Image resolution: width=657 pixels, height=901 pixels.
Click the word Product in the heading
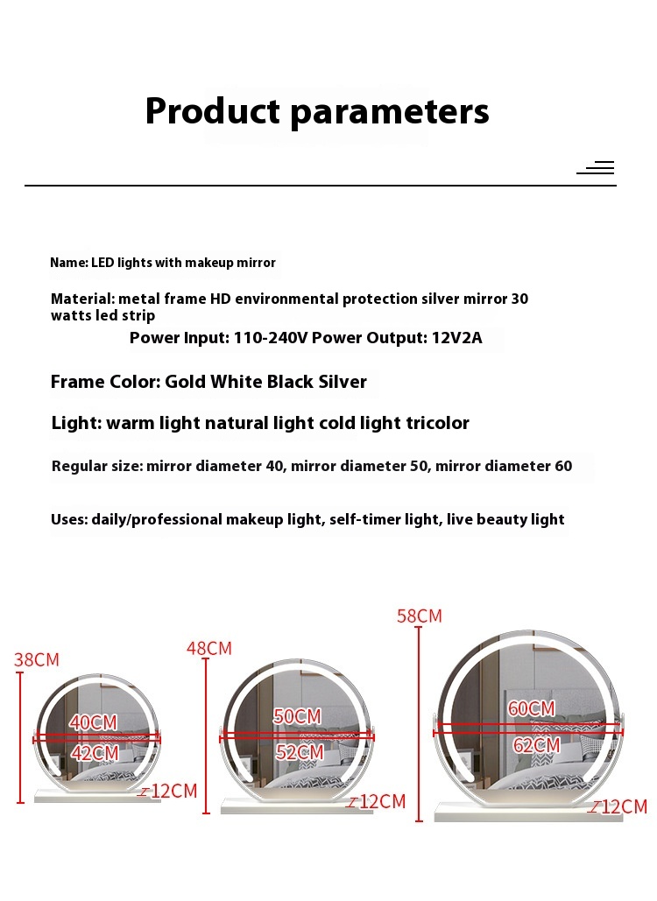click(x=213, y=111)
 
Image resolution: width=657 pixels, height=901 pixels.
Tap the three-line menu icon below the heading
click(x=597, y=167)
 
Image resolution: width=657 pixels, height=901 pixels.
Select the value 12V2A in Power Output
click(x=457, y=338)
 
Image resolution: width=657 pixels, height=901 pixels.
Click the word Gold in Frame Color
click(x=187, y=382)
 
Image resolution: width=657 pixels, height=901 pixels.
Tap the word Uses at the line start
click(x=68, y=519)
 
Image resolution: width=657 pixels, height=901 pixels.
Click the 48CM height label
click(x=209, y=649)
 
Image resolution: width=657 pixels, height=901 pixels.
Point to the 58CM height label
click(x=420, y=616)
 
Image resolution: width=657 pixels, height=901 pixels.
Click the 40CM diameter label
click(x=94, y=723)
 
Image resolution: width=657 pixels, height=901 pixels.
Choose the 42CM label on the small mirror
click(x=94, y=753)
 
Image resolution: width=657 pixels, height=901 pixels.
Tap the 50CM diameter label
click(x=298, y=716)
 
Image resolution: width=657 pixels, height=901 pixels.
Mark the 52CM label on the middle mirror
click(x=299, y=752)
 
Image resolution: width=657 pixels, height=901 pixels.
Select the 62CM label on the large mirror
click(x=536, y=746)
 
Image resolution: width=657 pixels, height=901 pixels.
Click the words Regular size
click(x=96, y=466)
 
